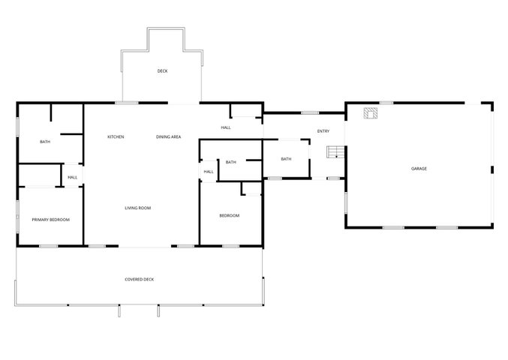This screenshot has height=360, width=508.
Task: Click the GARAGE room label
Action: click(x=419, y=169)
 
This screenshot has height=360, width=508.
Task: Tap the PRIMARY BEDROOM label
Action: click(x=50, y=220)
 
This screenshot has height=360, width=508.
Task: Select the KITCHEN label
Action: click(x=116, y=137)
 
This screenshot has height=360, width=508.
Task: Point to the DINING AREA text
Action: click(x=169, y=137)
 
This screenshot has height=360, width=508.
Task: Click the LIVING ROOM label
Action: click(x=137, y=208)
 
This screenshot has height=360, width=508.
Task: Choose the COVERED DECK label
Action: click(x=140, y=280)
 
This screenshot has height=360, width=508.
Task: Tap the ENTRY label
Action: click(x=323, y=131)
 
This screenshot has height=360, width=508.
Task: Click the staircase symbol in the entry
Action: click(x=335, y=151)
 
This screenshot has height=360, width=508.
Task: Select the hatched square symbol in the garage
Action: click(x=371, y=113)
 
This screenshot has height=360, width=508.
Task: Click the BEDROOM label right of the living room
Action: click(x=230, y=215)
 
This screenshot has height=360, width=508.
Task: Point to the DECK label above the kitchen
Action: click(x=162, y=71)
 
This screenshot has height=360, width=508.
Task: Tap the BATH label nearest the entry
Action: click(x=286, y=159)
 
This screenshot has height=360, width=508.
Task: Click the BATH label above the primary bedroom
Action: click(x=45, y=142)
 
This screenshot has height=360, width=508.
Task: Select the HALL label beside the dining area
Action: click(x=226, y=127)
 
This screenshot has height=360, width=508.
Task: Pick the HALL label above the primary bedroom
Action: click(x=73, y=178)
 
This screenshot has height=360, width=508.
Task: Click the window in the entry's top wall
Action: click(x=310, y=113)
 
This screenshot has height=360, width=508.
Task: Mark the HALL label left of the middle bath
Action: click(x=209, y=172)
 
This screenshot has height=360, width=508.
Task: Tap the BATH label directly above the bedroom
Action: click(x=231, y=162)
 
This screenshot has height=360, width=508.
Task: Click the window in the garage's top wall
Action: click(x=386, y=103)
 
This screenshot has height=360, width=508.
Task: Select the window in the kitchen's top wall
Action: click(x=127, y=103)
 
